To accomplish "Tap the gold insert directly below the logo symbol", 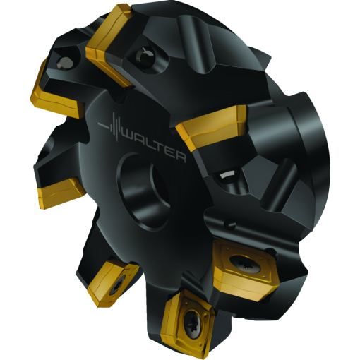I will pos(60,188).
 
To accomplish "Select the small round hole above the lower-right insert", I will pos(228,225).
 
